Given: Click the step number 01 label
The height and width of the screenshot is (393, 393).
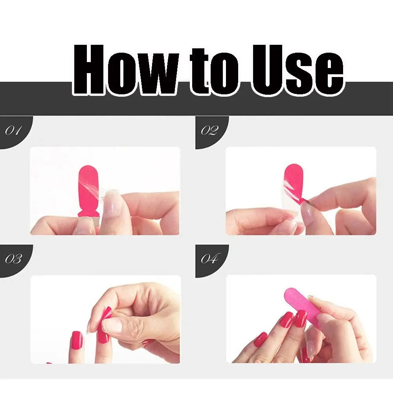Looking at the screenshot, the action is pyautogui.click(x=13, y=130).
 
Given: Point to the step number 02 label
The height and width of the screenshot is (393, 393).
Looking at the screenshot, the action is pyautogui.click(x=209, y=130).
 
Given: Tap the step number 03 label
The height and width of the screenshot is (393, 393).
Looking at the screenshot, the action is pyautogui.click(x=13, y=259).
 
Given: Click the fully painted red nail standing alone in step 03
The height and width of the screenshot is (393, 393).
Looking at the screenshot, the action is pyautogui.click(x=77, y=340).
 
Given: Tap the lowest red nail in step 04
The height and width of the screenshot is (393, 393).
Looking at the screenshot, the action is pyautogui.click(x=261, y=340).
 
